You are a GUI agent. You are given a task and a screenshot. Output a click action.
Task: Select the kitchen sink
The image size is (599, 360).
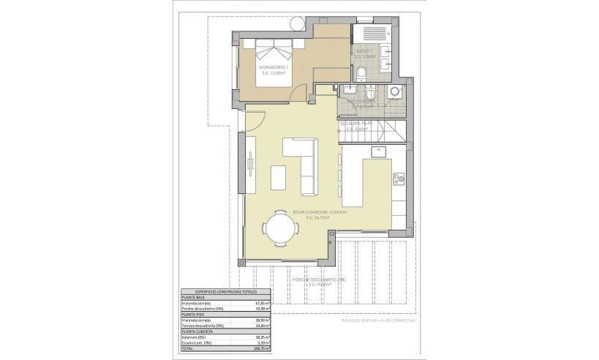(x=379, y=153)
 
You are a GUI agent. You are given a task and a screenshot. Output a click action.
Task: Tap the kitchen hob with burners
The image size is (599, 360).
(x=399, y=177)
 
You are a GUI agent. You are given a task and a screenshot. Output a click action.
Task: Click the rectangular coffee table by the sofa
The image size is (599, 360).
(x=279, y=178)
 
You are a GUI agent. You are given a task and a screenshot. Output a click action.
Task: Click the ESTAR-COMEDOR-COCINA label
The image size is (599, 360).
(x=320, y=213)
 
